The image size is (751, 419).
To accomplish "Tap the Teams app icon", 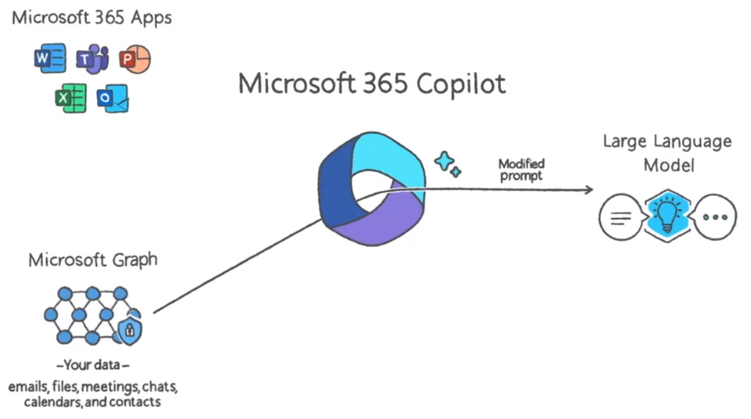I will click(x=92, y=59).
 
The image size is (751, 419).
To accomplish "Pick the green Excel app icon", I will click(x=70, y=98).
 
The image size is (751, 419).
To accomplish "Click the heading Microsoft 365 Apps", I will click(x=92, y=17).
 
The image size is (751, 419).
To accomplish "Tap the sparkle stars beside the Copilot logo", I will click(x=448, y=163).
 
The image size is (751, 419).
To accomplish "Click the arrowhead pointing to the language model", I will click(x=585, y=189).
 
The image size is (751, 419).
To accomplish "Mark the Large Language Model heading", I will click(x=667, y=153).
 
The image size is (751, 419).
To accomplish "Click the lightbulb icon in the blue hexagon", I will click(x=667, y=215).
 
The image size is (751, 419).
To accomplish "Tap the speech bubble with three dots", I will click(x=715, y=217).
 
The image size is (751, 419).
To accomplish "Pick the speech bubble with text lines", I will click(x=620, y=217).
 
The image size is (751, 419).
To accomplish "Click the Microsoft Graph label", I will click(x=92, y=260).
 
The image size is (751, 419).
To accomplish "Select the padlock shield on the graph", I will click(x=129, y=331).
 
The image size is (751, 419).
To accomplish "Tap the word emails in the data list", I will click(x=28, y=387).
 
